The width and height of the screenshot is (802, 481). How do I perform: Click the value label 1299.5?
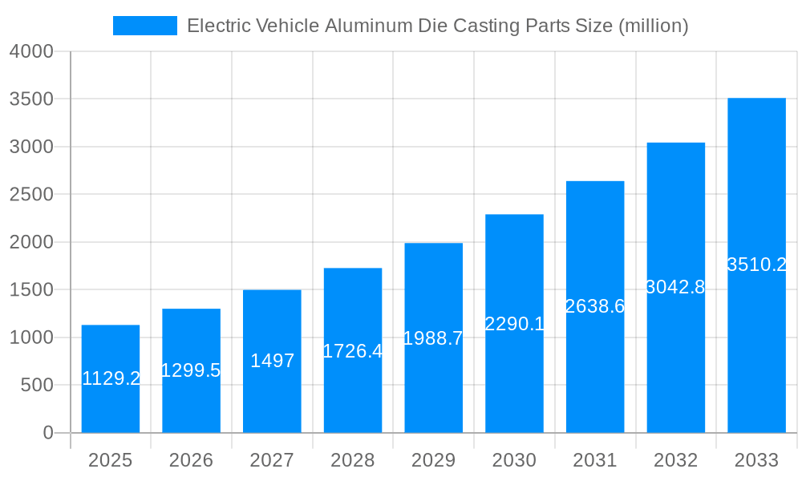tap(191, 370)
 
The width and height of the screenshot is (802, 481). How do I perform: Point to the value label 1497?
tap(272, 361)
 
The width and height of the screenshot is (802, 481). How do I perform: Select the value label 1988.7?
tap(433, 338)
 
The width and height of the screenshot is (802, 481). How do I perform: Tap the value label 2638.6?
tap(595, 306)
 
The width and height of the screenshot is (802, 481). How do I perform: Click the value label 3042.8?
tap(675, 287)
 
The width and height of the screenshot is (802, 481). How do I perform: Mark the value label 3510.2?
tap(756, 265)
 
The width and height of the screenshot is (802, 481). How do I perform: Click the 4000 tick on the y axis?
tap(31, 51)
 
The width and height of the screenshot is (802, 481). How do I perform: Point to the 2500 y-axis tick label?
tap(31, 195)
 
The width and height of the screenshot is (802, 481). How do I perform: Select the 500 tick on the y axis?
tap(37, 386)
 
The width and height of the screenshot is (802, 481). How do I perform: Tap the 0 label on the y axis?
tap(47, 433)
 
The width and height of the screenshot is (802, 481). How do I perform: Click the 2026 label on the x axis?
tap(191, 460)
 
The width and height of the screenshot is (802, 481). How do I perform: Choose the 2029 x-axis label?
tap(433, 460)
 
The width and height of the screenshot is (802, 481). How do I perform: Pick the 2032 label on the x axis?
tap(675, 460)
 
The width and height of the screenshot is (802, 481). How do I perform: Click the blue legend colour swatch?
tap(145, 26)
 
